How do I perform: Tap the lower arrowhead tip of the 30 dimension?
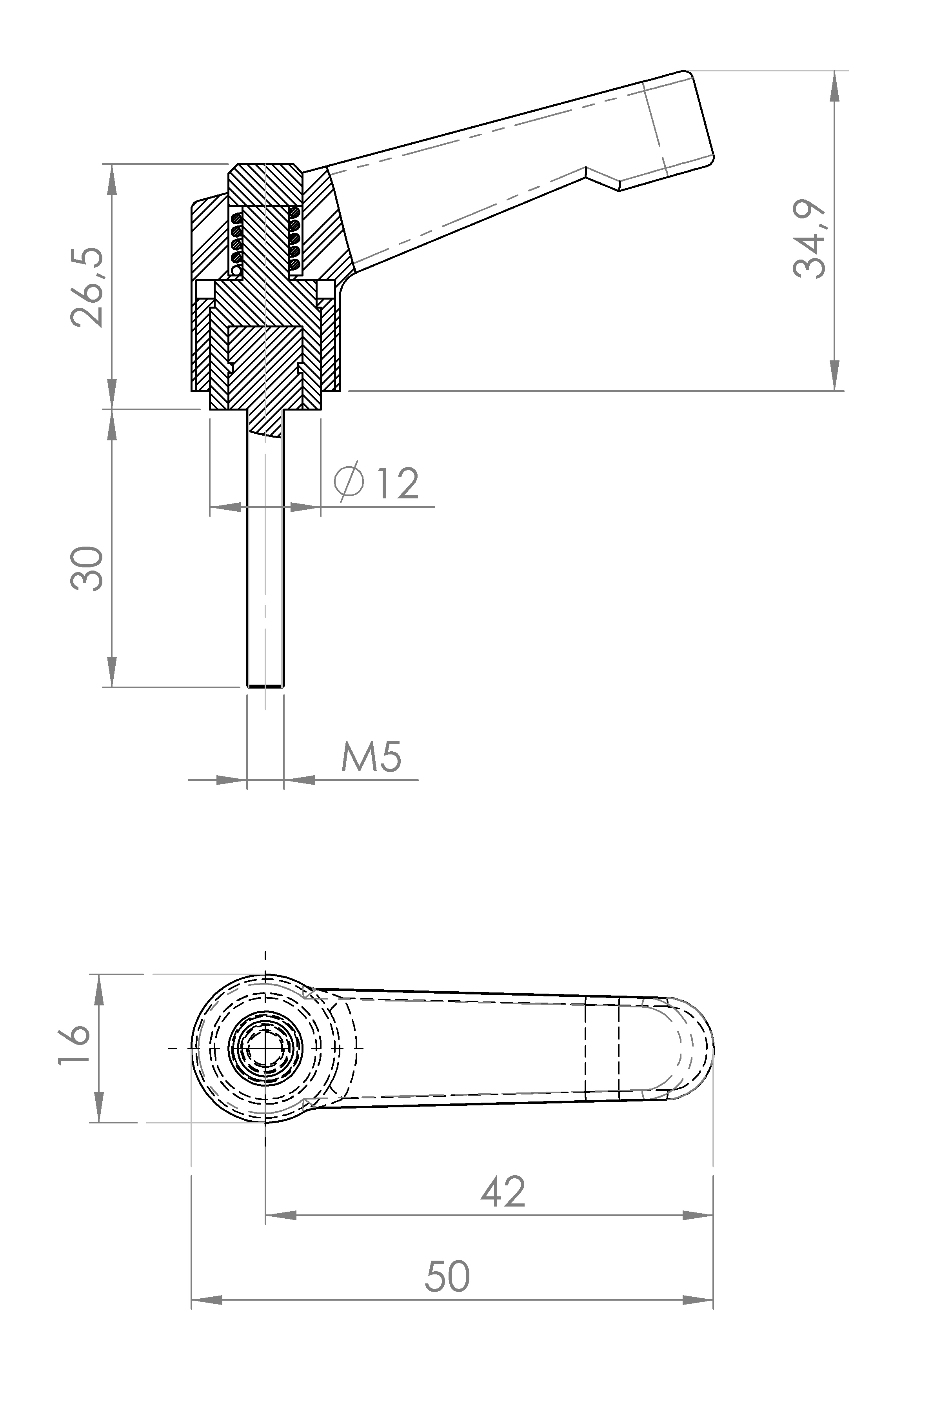click(112, 687)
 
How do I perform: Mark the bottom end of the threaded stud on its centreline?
click(265, 687)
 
